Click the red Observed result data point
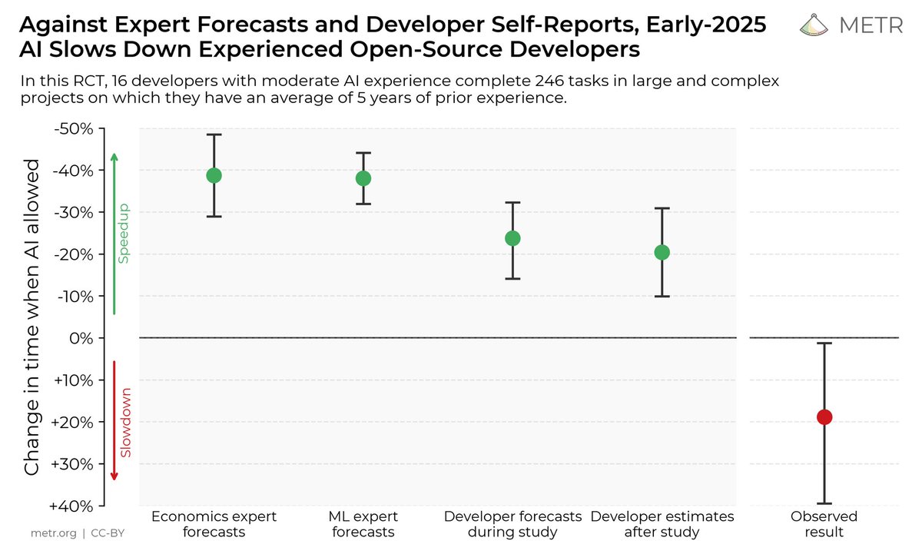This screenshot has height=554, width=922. coord(824,417)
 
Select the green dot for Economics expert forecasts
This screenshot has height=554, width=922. coord(214,175)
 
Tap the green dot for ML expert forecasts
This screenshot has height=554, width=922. coord(363,178)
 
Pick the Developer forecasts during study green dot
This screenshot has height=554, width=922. coord(512,238)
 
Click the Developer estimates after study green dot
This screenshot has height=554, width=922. coord(662,252)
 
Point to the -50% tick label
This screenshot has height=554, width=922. coord(73,128)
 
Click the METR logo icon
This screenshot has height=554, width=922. coord(815,26)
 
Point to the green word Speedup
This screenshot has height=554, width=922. coord(123,234)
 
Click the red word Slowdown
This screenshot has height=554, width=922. coord(125,423)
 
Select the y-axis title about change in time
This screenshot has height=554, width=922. coord(32,317)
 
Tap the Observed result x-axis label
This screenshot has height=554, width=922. coord(824,524)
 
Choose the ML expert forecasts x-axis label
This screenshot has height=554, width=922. coord(363,524)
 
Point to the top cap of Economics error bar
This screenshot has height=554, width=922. coord(214,134)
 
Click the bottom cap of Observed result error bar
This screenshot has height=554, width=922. coord(824,503)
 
